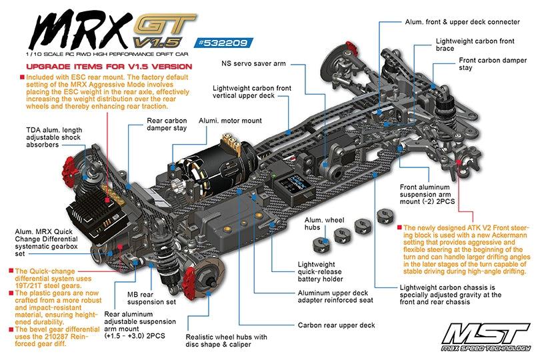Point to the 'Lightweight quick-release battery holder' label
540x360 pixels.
[x=321, y=273]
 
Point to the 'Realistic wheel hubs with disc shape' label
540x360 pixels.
[x=226, y=342]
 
